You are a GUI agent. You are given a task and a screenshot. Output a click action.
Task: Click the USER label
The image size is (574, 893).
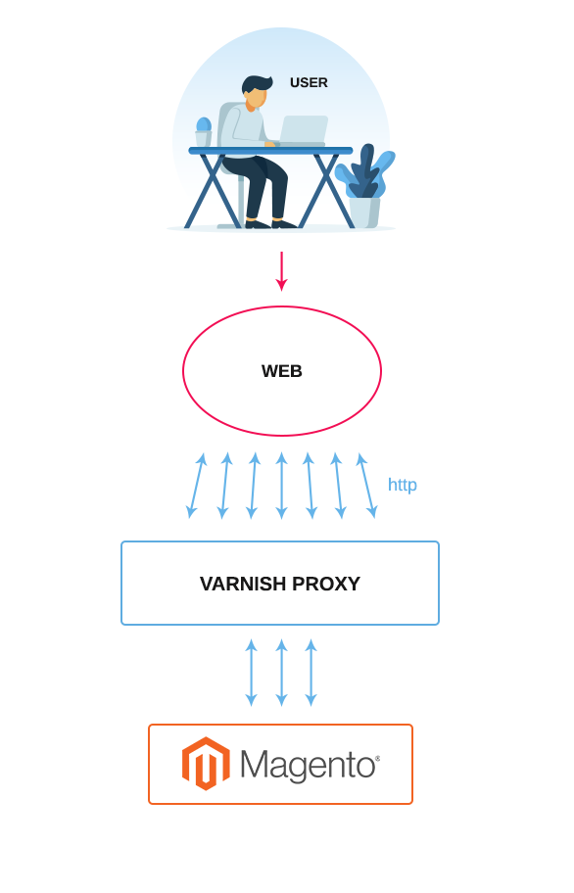[x=309, y=82]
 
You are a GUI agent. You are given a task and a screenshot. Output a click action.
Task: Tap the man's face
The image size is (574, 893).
[x=257, y=98]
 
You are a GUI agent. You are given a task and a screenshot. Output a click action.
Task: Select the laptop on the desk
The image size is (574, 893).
[x=304, y=130]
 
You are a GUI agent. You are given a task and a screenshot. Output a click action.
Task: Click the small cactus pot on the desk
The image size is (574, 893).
[x=204, y=132]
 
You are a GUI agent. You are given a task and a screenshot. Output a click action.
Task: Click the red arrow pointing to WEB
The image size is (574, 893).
[x=281, y=271]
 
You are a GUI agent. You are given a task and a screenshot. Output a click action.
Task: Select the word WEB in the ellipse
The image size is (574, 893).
[x=282, y=371]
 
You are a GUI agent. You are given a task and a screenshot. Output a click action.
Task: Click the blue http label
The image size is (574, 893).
[x=402, y=485]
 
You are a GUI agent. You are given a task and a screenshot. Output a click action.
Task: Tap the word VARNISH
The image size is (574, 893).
[x=243, y=584]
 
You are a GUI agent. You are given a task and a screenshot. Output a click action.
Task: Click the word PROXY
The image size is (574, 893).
[x=326, y=584]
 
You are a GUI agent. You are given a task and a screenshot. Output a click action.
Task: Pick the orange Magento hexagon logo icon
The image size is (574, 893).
[x=206, y=764]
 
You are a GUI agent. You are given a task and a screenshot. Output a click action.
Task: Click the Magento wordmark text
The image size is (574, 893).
[x=310, y=765]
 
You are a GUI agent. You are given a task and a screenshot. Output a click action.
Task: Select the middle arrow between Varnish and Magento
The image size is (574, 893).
[x=281, y=673]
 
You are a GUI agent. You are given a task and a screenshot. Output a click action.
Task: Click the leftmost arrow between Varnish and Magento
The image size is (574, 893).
[x=251, y=673]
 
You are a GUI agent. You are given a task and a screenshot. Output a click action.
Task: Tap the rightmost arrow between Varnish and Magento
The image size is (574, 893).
[x=311, y=673]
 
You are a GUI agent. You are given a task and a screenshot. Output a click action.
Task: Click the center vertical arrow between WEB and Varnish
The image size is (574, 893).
[x=281, y=486]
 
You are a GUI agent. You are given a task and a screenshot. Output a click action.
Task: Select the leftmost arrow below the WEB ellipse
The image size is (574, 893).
[x=197, y=486]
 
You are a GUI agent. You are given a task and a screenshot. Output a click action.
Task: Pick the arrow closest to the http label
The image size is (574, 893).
[x=367, y=486]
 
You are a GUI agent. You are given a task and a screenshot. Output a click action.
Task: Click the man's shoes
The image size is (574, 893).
[x=270, y=223]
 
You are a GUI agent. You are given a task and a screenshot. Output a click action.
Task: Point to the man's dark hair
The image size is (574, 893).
[x=253, y=84]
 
